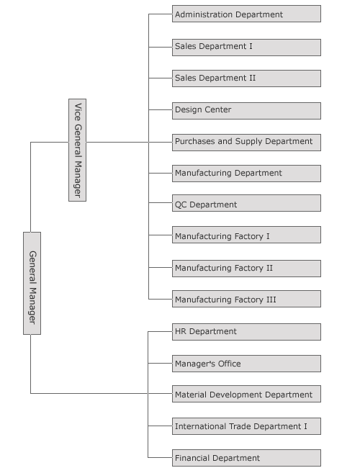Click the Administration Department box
point(246,14)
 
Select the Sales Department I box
point(246,47)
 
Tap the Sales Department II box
point(246,78)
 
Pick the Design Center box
point(246,111)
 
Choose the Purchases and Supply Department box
point(246,143)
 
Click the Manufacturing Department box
point(246,174)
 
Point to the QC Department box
point(246,203)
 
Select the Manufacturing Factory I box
point(246,235)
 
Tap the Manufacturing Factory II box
point(246,269)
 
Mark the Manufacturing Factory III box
point(246,299)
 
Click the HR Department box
point(246,332)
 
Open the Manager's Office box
point(246,364)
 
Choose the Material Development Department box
point(246,394)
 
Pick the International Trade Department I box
point(246,426)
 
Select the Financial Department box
point(246,458)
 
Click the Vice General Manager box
point(77,150)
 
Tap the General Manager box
point(32,283)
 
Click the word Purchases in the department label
point(195,141)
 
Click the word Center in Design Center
point(218,109)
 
